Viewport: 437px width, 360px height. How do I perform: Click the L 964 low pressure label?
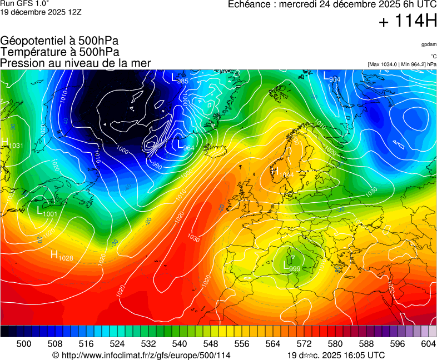point(186,146)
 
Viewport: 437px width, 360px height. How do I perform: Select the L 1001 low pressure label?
point(47,212)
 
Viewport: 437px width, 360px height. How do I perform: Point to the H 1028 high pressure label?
point(62,256)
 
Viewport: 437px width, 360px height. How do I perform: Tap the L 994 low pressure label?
point(332,77)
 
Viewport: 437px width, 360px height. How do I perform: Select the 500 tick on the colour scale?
point(23,344)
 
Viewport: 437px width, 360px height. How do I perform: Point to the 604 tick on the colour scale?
point(428,344)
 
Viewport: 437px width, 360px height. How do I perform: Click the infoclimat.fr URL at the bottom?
point(141,355)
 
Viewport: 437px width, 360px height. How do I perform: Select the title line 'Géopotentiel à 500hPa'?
point(59,41)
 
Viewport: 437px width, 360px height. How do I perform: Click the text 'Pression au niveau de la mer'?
point(75,63)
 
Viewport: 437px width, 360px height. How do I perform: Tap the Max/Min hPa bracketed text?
point(402,64)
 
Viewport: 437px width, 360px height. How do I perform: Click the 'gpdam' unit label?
point(428,44)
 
